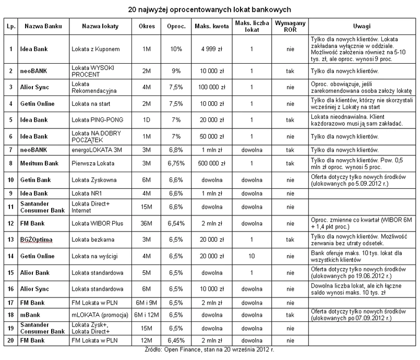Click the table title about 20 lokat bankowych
tap(210, 9)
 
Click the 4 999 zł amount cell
tap(212, 49)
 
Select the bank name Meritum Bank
tap(39, 163)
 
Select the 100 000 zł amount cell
tap(212, 87)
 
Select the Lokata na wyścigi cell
tap(94, 257)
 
